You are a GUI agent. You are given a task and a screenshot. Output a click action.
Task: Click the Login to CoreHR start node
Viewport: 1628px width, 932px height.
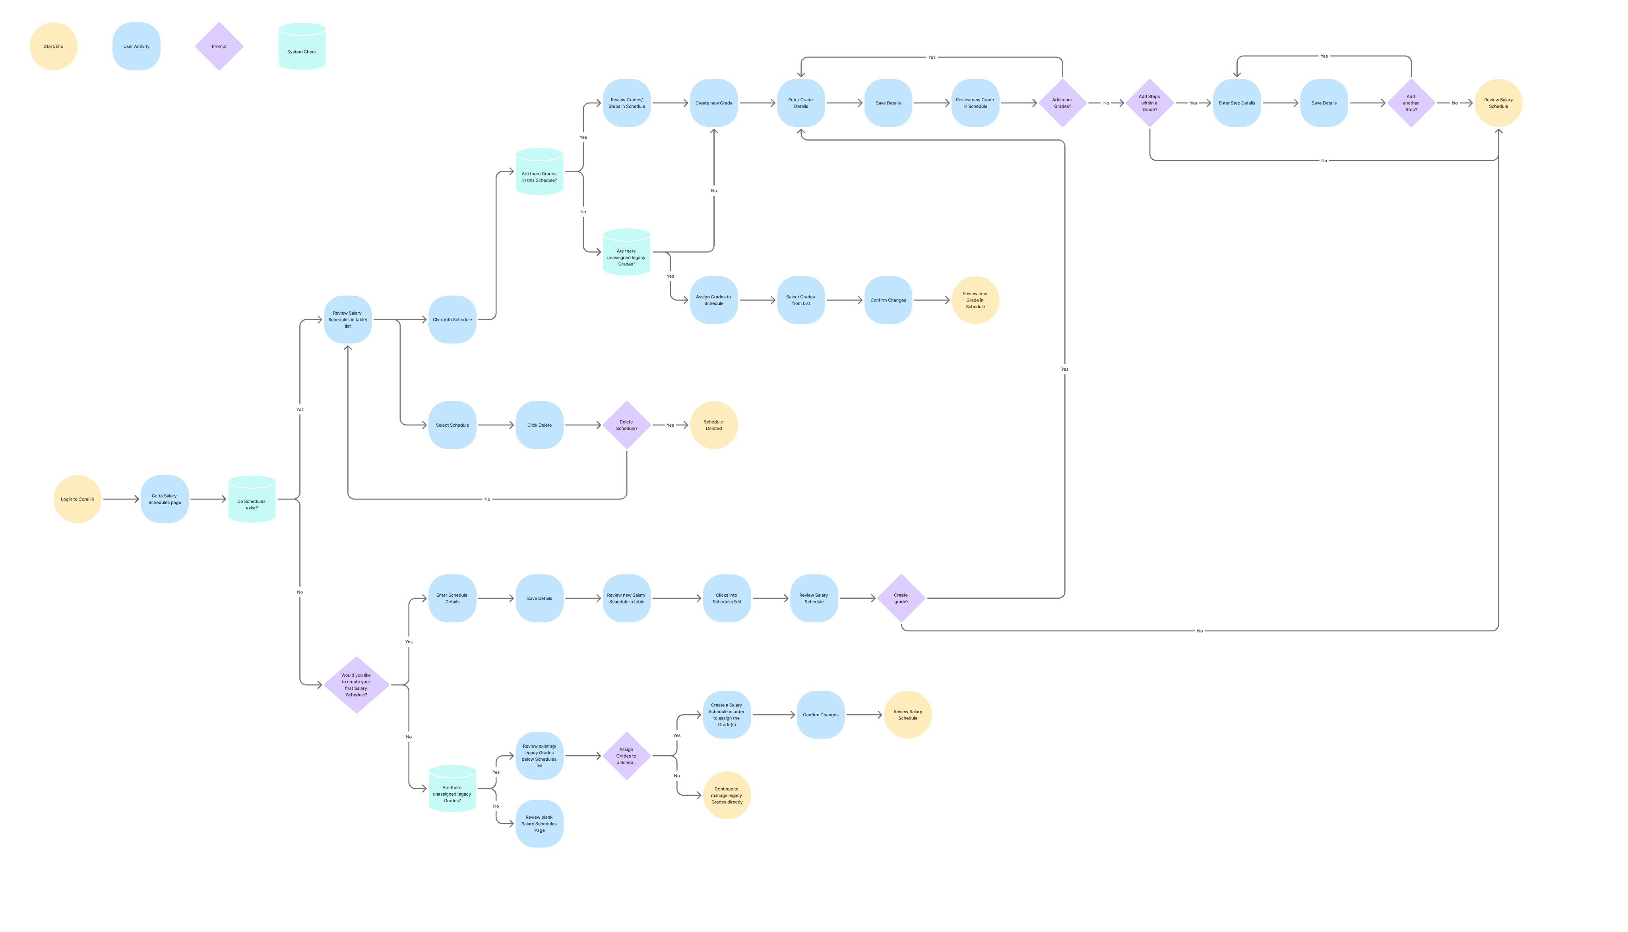click(78, 499)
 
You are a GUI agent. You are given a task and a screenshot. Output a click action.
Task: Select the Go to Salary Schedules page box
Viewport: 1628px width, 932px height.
click(165, 499)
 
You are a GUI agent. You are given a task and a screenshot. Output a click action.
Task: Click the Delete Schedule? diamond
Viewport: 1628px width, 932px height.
click(626, 425)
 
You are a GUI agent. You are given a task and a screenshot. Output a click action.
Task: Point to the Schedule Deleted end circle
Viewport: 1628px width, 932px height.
click(713, 425)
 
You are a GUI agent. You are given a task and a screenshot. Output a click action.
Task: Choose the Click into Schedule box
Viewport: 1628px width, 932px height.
click(452, 319)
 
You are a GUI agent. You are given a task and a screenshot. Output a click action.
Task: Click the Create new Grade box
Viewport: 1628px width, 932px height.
click(713, 103)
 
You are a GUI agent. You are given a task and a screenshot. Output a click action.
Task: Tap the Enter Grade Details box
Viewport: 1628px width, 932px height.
click(800, 103)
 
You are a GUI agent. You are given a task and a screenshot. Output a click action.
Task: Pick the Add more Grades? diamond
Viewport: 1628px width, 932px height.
click(1062, 103)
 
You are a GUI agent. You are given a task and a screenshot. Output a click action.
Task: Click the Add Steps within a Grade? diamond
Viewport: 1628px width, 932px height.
click(1149, 103)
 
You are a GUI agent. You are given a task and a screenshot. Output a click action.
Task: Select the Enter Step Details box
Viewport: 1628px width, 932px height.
click(1237, 103)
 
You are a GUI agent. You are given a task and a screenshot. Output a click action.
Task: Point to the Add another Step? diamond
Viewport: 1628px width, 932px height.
click(1411, 103)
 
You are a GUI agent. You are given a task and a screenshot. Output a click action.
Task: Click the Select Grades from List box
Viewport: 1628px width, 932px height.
click(800, 300)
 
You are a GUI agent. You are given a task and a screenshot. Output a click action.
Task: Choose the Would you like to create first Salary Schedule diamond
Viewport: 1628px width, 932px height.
click(356, 685)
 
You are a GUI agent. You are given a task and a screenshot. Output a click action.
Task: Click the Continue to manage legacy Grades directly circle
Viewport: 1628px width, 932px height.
click(726, 795)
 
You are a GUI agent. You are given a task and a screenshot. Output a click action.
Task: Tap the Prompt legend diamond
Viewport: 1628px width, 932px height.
click(219, 46)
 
